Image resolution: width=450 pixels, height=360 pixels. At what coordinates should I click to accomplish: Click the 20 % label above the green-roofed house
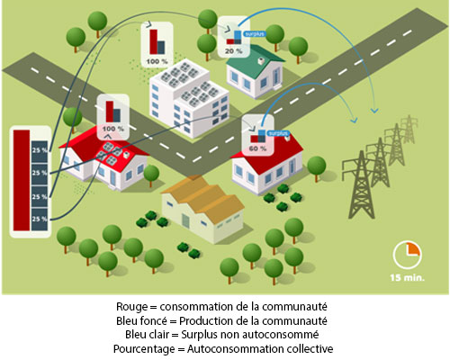(233, 51)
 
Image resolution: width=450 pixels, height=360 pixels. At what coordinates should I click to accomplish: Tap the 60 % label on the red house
(257, 148)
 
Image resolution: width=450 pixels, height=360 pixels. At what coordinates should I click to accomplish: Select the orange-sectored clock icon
(407, 256)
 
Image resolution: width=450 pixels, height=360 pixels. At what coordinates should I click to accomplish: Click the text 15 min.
(407, 278)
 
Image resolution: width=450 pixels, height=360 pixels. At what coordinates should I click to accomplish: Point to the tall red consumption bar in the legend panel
(22, 180)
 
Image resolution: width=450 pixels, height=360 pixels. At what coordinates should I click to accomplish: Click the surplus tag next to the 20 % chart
(254, 34)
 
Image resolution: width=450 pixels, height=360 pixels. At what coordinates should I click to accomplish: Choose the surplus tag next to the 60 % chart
(278, 133)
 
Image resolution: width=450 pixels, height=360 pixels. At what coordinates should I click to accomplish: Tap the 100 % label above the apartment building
(157, 61)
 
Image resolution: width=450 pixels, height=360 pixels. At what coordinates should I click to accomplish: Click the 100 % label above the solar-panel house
(112, 129)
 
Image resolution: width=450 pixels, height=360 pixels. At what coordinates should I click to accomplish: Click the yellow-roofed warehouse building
(202, 209)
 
